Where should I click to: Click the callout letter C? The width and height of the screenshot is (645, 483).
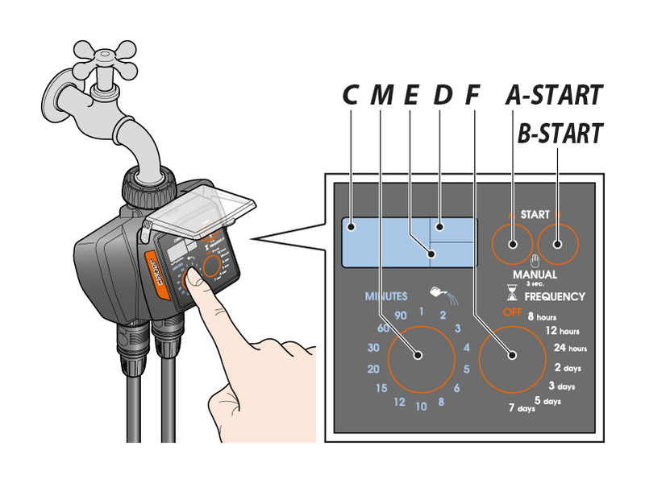350,95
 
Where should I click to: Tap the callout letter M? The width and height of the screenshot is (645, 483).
381,95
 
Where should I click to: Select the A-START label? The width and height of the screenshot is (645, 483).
554,95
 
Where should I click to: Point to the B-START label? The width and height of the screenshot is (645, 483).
560,133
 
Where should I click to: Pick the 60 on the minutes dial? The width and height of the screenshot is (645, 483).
383,328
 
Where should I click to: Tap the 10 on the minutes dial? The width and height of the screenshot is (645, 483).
421,407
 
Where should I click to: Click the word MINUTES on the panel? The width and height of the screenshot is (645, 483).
386,296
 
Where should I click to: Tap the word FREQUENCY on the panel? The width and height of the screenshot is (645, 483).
555,296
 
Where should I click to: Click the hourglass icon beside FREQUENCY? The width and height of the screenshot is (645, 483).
510,295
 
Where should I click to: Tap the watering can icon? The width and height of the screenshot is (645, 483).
441,292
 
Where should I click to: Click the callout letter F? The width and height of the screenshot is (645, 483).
472,95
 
